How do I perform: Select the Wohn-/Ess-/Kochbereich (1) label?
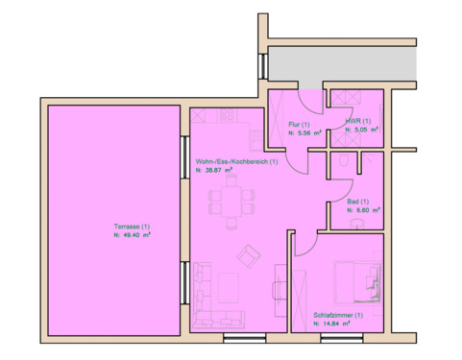235,161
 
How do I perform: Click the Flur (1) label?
298,125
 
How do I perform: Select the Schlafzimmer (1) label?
337,316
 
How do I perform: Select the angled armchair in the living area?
249,254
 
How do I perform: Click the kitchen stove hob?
230,114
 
